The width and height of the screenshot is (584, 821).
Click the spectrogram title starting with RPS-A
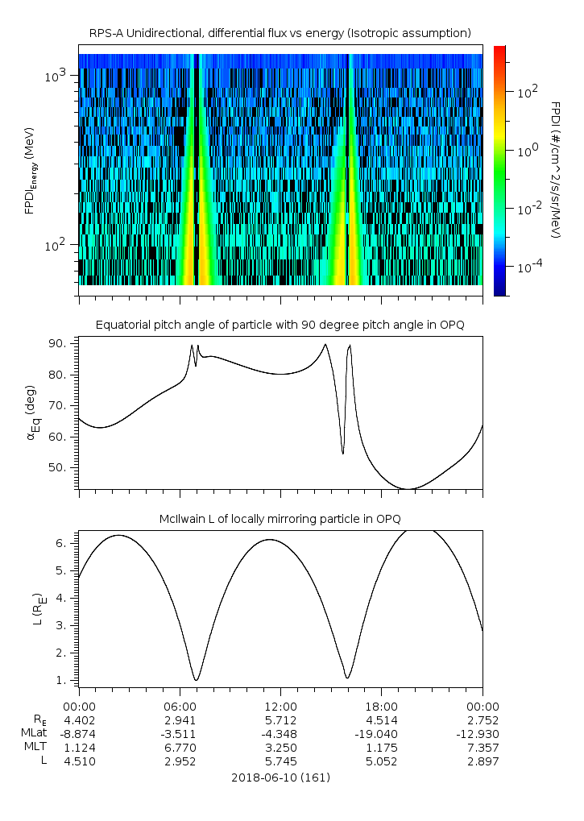point(280,33)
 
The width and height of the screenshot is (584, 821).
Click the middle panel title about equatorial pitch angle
point(280,325)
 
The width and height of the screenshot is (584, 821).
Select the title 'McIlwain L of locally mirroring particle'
point(280,517)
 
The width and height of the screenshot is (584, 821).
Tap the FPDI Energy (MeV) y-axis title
point(30,171)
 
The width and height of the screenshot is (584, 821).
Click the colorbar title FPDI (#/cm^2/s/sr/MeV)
point(555,169)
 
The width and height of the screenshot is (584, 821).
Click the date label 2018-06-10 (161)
point(280,777)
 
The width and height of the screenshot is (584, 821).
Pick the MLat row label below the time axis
point(34,733)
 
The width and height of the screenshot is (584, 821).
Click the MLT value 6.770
point(180,747)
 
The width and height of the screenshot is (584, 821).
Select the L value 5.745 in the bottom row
point(280,761)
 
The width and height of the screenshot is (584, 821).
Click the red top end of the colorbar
point(500,50)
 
